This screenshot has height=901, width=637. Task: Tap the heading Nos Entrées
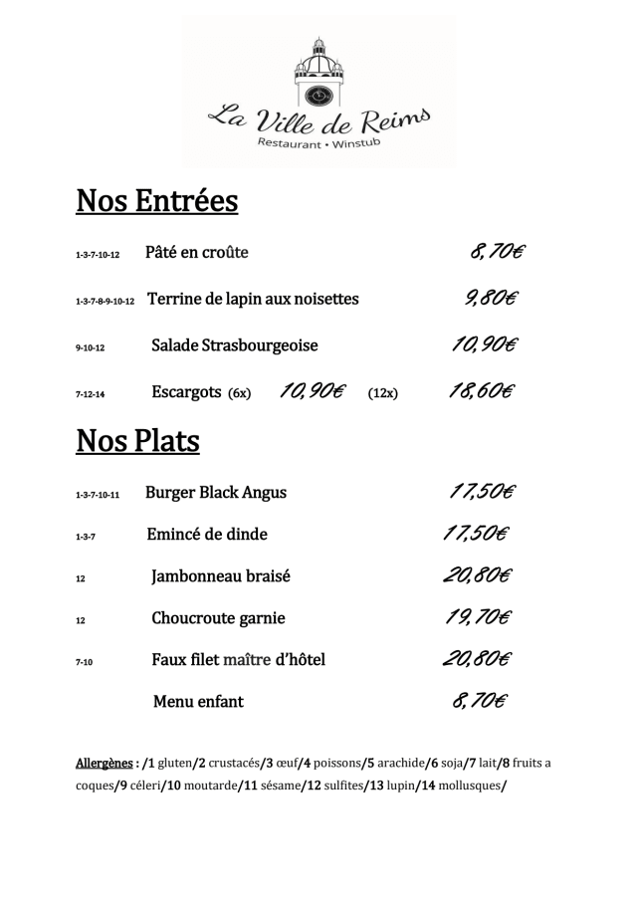tap(157, 201)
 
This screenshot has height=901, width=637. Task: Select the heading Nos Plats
tap(137, 441)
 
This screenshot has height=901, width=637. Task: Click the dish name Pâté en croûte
tap(196, 252)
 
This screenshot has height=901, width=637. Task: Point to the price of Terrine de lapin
tap(491, 298)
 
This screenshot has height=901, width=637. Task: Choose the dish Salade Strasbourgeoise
tap(235, 345)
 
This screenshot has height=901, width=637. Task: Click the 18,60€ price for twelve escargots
tap(482, 392)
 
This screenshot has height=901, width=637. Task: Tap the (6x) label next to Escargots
tap(240, 393)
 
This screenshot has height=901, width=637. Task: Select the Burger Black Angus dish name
tap(216, 492)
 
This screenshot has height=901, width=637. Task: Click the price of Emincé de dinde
tap(475, 534)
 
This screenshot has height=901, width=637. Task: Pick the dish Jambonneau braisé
tap(221, 575)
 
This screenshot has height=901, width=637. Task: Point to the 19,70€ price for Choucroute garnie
tap(478, 617)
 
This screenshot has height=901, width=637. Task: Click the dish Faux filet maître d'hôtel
tap(239, 659)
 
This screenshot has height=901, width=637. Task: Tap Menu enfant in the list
tap(198, 701)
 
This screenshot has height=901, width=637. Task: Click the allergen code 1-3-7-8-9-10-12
tap(105, 300)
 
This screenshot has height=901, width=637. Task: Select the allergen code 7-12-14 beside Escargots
tap(90, 394)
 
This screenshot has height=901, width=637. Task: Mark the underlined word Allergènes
tap(105, 764)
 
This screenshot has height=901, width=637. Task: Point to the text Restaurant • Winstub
tap(318, 145)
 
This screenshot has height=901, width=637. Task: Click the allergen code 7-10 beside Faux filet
tap(84, 660)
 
